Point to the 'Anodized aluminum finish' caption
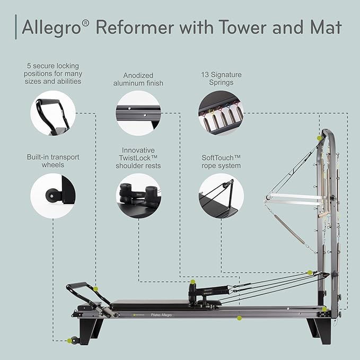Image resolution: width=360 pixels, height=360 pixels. coord(138,80)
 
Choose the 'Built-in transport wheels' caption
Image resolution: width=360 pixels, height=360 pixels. coord(52,161)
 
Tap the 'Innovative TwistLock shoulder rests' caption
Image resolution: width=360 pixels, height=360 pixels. coord(138,158)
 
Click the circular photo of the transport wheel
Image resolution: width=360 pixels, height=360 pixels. coord(52,196)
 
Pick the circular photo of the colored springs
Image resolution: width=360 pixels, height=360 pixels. coord(221,112)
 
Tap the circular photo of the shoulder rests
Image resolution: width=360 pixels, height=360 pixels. coord(138,196)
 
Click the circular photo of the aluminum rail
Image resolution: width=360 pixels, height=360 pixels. coord(138,112)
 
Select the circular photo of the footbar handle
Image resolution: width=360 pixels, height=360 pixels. coord(52,112)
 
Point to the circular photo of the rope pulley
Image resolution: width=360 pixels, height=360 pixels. coord(221,196)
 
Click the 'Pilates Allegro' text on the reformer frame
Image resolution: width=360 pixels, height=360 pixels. coord(163,314)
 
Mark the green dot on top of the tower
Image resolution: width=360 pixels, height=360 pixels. coord(320,138)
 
